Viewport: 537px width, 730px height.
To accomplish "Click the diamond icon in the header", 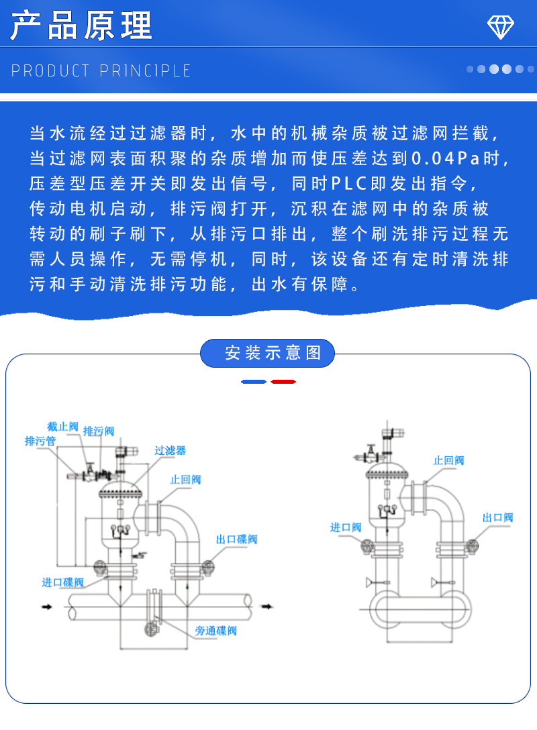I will tap(500, 27).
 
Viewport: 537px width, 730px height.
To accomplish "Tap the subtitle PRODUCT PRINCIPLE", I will tap(101, 70).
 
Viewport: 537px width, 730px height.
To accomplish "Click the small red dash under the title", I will tap(283, 382).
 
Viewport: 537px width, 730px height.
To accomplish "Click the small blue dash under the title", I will tap(254, 382).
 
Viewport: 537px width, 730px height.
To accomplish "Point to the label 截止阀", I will tap(62, 427).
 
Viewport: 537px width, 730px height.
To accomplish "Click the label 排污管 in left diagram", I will tap(40, 441).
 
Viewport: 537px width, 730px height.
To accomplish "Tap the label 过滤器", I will tap(170, 450).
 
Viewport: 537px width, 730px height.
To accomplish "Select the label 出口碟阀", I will tap(236, 539).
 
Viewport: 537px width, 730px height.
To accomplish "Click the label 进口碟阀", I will tap(62, 582).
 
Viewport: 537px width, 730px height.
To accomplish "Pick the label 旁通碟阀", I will tap(215, 631).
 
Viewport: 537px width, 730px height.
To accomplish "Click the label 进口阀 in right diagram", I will tap(346, 527).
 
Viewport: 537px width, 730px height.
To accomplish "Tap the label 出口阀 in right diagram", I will tap(497, 517).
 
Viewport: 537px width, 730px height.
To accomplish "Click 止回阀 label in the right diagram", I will tap(448, 460).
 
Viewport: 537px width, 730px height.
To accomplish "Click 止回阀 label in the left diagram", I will tap(185, 480).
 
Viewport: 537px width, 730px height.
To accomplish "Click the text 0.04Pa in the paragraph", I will tap(446, 159).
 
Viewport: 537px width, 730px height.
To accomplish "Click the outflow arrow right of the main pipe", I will tap(267, 607).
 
